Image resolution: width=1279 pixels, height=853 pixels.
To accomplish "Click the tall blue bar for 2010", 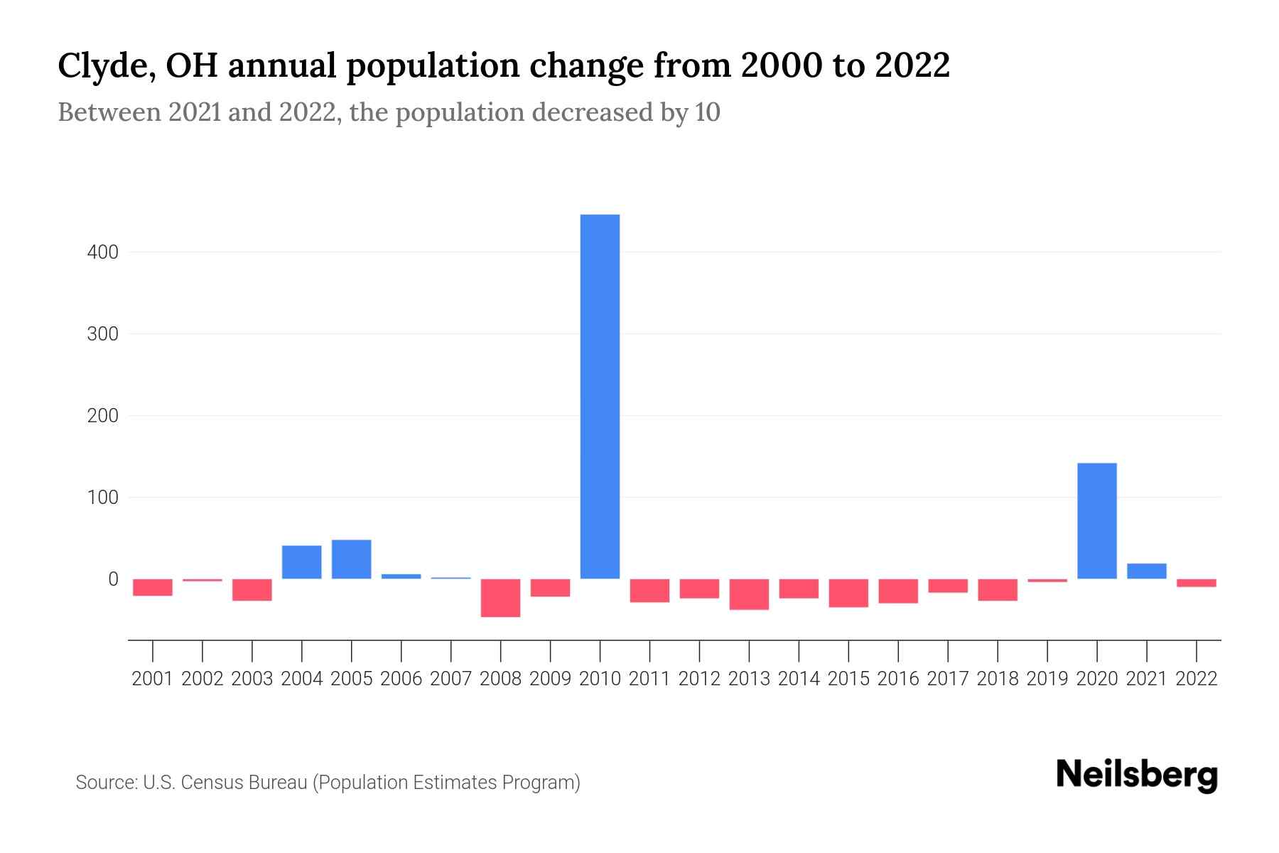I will click(600, 397).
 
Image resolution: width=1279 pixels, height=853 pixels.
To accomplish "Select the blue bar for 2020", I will click(1096, 520).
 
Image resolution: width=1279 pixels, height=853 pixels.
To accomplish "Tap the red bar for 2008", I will click(500, 598).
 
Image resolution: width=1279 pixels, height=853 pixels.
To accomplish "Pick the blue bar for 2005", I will click(351, 559).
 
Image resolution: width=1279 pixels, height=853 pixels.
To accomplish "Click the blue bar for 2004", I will click(301, 562).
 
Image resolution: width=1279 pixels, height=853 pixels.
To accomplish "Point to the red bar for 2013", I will click(749, 594).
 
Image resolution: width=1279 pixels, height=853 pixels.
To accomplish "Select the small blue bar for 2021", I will click(1146, 571).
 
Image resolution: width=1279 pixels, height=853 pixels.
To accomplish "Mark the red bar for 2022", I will click(1196, 583).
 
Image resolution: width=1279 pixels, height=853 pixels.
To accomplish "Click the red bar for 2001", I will click(153, 587).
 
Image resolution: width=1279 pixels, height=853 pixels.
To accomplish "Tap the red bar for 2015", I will click(848, 593).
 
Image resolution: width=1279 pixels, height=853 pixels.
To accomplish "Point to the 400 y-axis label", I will click(102, 252).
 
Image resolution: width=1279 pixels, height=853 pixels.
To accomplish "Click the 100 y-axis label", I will click(102, 498).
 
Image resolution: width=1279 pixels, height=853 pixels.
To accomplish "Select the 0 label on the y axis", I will click(112, 579).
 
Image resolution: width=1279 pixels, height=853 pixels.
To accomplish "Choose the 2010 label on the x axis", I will click(600, 679).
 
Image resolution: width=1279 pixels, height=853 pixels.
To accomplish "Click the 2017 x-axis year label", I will click(948, 679).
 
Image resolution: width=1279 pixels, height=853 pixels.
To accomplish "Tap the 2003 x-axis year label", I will click(252, 679).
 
